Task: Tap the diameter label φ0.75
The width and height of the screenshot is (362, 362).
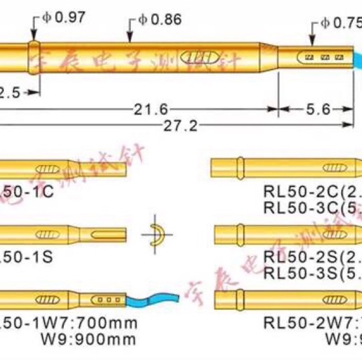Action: (x=342, y=23)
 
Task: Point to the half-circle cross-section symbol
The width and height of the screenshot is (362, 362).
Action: (x=156, y=235)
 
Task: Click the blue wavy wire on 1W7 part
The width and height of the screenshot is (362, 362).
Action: (x=152, y=300)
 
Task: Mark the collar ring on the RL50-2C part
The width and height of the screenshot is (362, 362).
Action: (x=240, y=167)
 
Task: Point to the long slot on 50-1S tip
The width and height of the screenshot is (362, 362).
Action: (x=106, y=235)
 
